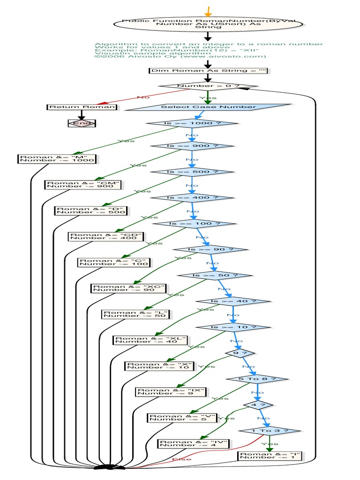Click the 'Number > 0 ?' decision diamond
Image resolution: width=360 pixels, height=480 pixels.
208,86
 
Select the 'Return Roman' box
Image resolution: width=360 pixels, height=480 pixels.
82,107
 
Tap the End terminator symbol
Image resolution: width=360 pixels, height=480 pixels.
82,123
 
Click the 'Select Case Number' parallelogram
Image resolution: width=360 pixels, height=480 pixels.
208,107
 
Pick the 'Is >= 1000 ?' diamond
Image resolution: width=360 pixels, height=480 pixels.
192,123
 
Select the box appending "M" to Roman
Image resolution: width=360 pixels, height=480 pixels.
57,158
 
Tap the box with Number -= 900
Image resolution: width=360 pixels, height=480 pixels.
83,184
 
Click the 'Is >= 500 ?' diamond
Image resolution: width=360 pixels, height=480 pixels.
192,172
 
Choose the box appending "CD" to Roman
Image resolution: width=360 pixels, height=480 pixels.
106,236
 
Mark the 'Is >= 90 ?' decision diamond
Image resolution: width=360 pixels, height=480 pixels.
210,249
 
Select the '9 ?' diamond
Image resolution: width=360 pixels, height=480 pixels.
233,352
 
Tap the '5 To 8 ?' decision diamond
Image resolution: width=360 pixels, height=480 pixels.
251,379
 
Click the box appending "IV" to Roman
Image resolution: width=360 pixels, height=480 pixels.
194,443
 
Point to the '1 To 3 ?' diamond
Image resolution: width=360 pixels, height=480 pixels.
270,430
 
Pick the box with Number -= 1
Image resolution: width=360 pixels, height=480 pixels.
269,456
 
